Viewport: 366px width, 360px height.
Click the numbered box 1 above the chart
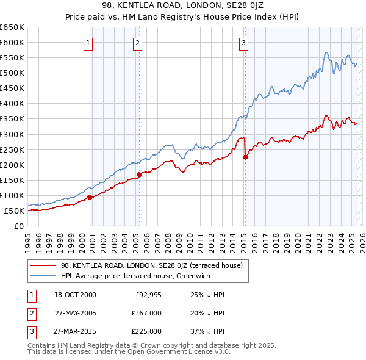point(88,43)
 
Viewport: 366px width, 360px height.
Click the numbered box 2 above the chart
point(138,43)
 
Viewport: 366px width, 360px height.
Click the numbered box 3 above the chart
point(243,43)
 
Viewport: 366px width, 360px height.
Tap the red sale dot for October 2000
point(90,197)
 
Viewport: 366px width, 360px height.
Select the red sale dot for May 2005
point(139,175)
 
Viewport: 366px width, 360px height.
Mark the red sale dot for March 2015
point(245,157)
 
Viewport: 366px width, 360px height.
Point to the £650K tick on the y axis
point(12,27)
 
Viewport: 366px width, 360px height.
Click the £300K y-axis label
point(12,134)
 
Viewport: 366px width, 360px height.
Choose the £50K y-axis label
point(14,211)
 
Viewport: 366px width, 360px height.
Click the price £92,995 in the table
point(146,295)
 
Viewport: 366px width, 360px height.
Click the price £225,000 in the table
point(146,331)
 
